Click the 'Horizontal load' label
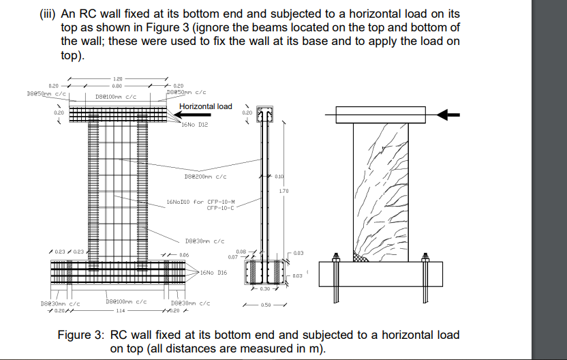point(205,106)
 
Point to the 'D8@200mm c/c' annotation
point(205,177)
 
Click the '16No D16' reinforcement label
point(213,272)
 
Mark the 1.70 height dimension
point(284,191)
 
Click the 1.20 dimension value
point(117,80)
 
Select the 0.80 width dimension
point(117,87)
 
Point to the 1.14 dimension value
point(120,310)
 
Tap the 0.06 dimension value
point(184,254)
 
